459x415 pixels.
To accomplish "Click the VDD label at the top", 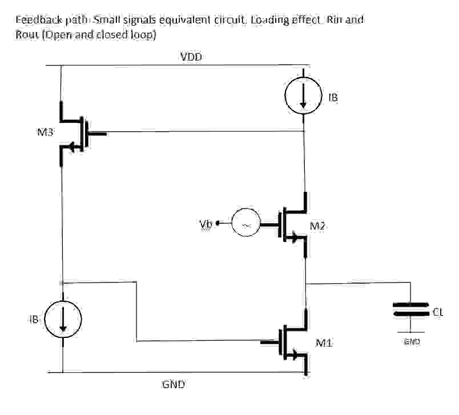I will coord(191,57).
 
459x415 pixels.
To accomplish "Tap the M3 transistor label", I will coord(46,133).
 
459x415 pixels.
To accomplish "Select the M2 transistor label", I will coord(318,225).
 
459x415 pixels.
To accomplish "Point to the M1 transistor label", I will coord(324,343).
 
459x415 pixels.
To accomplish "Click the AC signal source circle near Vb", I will coord(246,225).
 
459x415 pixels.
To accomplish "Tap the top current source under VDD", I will coord(303,97).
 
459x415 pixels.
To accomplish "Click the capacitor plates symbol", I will coord(410,309).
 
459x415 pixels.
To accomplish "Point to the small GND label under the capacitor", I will coord(412,341).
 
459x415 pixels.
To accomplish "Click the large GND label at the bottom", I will coord(174,385).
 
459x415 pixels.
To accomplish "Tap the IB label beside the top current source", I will coord(333,98).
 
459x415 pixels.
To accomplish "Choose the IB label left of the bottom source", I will coord(34,320).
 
